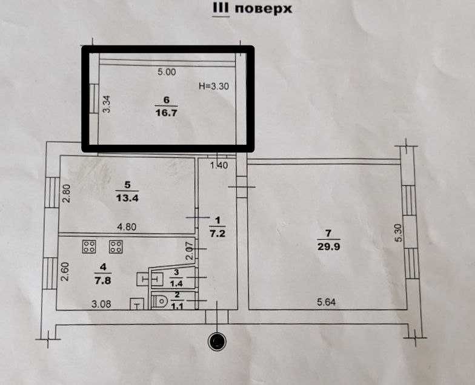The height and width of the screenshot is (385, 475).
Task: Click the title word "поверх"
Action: [x=264, y=8]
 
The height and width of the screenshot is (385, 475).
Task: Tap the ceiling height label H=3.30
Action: [x=213, y=87]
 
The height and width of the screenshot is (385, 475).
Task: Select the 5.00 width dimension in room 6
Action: [x=167, y=72]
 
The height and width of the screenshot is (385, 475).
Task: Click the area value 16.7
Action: [x=166, y=113]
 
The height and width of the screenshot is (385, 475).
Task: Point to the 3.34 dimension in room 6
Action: [x=107, y=104]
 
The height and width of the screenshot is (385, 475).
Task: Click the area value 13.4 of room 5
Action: [x=127, y=199]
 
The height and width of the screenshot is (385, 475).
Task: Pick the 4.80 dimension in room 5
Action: [x=127, y=226]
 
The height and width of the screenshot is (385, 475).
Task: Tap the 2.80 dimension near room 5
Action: [x=67, y=194]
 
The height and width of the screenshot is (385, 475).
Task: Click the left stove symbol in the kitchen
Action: [x=89, y=247]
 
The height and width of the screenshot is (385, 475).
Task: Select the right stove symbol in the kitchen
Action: [x=116, y=247]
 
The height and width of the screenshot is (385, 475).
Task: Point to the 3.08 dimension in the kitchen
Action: [x=101, y=304]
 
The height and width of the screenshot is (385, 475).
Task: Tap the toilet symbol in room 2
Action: [x=160, y=301]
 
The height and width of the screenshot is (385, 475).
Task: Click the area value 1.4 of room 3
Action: [x=177, y=283]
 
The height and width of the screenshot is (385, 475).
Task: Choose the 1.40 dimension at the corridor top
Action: [x=219, y=166]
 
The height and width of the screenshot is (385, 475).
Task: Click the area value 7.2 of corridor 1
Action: [x=218, y=234]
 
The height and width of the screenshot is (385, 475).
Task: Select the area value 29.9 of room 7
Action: [x=328, y=247]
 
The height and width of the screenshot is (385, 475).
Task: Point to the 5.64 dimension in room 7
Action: [x=326, y=301]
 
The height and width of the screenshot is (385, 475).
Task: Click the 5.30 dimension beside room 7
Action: [x=399, y=232]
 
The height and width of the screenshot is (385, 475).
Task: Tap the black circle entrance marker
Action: [x=217, y=341]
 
